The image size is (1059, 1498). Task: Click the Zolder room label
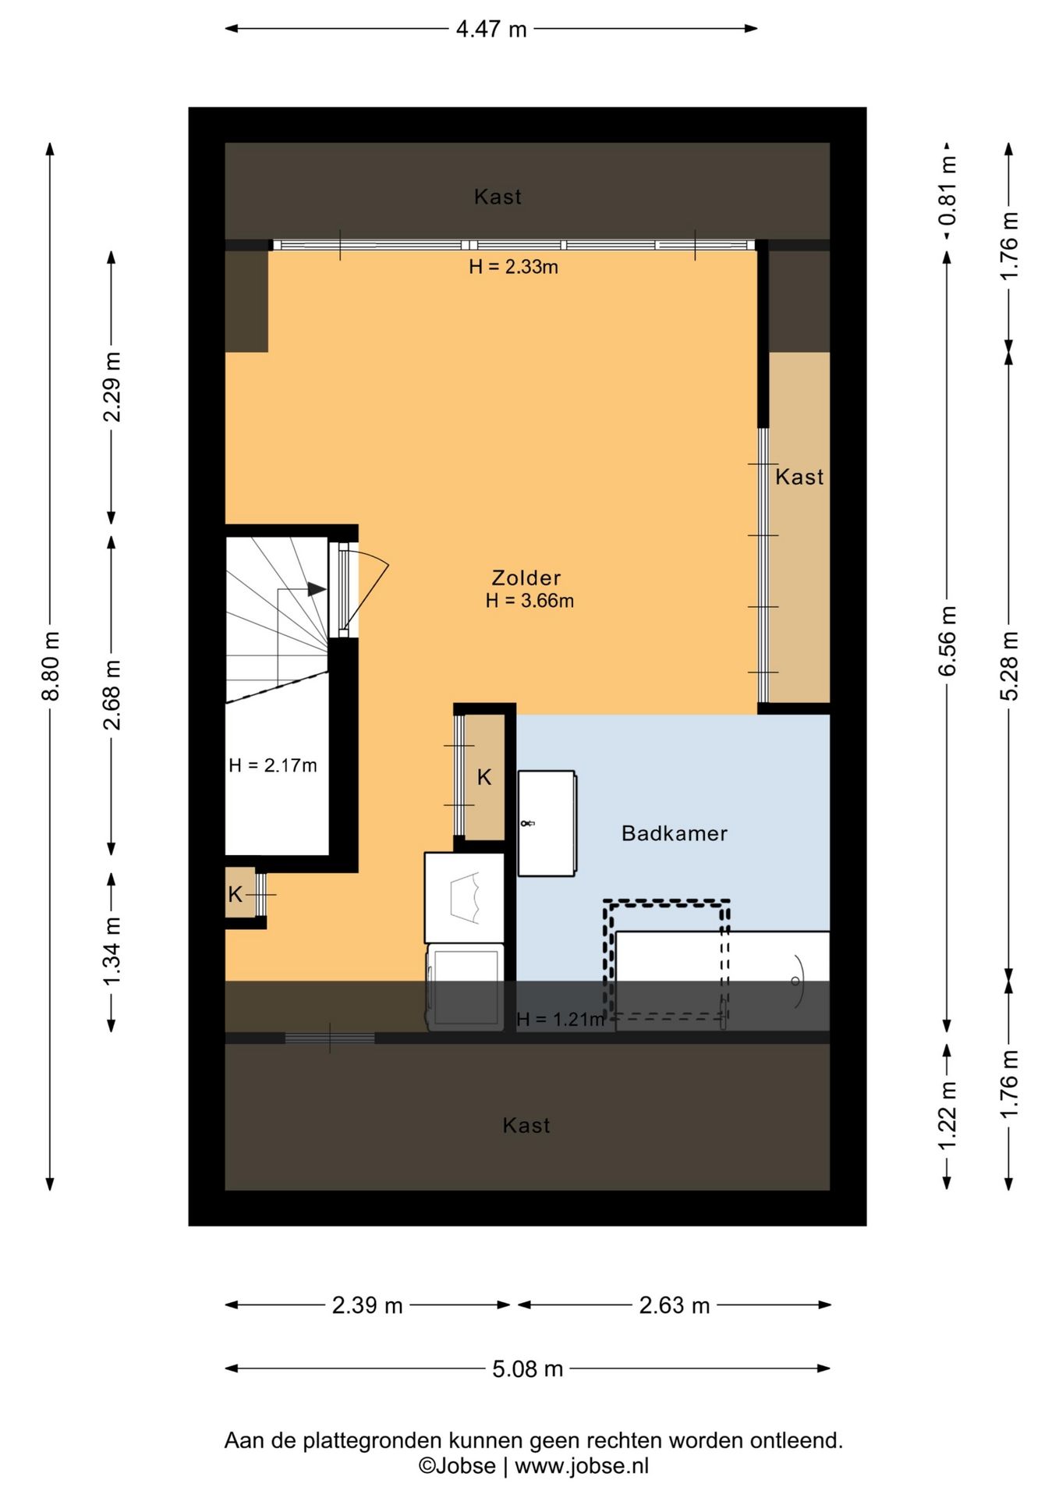[x=526, y=578]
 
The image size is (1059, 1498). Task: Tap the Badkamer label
[x=675, y=833]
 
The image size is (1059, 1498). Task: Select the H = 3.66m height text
[x=529, y=601]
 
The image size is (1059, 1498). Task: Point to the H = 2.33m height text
[x=513, y=267]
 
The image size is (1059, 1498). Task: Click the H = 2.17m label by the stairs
[x=273, y=765]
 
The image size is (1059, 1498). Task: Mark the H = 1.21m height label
[x=561, y=1019]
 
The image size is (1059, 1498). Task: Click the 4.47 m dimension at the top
[x=491, y=30]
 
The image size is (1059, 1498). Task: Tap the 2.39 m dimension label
[x=367, y=1305]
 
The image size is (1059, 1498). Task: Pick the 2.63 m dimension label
[x=675, y=1305]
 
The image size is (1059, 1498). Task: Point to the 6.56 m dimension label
[x=947, y=641]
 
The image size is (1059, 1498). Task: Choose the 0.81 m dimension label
[x=947, y=190]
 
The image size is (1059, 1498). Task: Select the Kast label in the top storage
[x=498, y=197]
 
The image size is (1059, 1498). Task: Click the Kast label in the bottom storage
[x=526, y=1125]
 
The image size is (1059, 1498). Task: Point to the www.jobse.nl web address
[x=582, y=1466]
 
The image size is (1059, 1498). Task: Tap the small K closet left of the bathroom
[x=484, y=777]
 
